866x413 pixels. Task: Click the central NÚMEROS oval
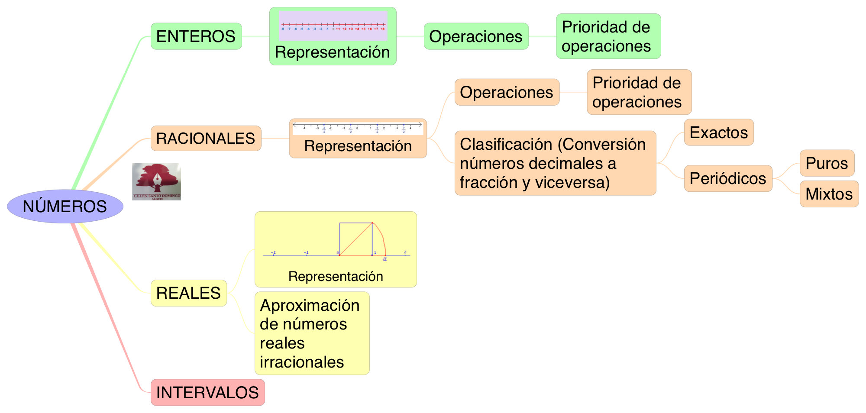(x=65, y=206)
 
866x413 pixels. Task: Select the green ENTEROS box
(x=196, y=36)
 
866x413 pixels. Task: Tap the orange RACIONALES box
(x=206, y=139)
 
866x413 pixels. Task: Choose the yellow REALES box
(x=188, y=293)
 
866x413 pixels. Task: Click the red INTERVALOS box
(x=207, y=393)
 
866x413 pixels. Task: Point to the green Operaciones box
(x=476, y=36)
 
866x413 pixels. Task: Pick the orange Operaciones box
(x=507, y=92)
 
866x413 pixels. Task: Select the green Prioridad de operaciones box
(x=608, y=36)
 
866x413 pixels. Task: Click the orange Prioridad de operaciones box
(x=639, y=92)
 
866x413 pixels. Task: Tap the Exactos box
(x=719, y=132)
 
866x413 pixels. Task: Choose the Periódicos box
(x=728, y=178)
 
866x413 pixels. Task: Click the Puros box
(x=827, y=163)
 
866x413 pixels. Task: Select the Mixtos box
(x=829, y=194)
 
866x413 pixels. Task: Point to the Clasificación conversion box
(x=555, y=163)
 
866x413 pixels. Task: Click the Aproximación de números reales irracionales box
(x=312, y=333)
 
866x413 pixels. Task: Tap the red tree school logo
(x=156, y=181)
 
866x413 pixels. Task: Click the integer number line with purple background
(x=333, y=26)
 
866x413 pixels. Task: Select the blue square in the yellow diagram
(x=355, y=239)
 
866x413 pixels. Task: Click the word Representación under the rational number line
(x=358, y=146)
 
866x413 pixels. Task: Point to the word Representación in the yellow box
(x=336, y=277)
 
